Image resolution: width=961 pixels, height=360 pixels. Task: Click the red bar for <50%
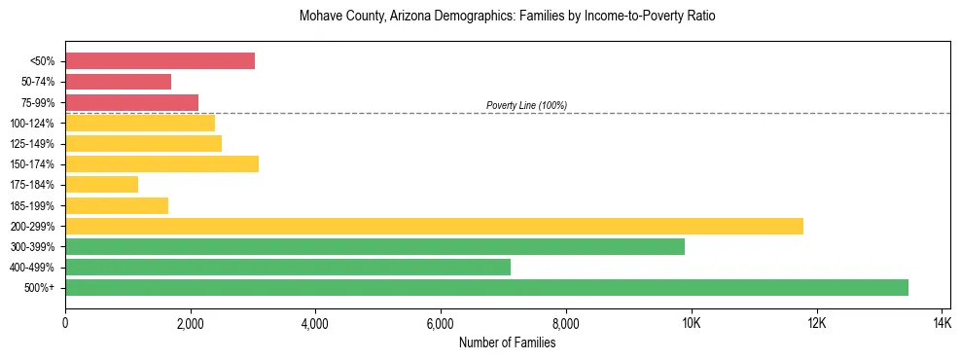click(160, 61)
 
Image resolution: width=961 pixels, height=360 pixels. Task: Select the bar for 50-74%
click(118, 82)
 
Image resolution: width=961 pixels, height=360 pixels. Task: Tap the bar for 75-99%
click(131, 102)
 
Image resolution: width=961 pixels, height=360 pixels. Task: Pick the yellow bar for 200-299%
click(434, 226)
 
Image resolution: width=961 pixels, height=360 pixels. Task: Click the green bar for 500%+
click(486, 287)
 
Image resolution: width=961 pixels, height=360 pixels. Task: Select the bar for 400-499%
click(288, 267)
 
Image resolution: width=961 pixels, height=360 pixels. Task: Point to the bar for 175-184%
click(101, 184)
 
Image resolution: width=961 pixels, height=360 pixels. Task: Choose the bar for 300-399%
click(374, 246)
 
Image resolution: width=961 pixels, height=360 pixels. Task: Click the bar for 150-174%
click(161, 163)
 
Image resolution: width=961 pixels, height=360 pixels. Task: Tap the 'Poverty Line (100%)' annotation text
click(526, 105)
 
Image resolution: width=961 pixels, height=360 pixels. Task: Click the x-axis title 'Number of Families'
click(507, 342)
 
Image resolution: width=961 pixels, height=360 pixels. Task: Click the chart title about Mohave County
click(507, 17)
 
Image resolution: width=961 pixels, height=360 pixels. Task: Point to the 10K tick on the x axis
click(691, 322)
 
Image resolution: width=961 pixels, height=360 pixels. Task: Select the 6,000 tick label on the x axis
click(441, 322)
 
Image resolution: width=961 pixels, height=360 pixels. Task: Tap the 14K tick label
click(941, 322)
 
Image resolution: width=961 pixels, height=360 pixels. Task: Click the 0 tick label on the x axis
click(65, 322)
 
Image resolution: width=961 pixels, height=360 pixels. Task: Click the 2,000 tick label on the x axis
click(191, 322)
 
